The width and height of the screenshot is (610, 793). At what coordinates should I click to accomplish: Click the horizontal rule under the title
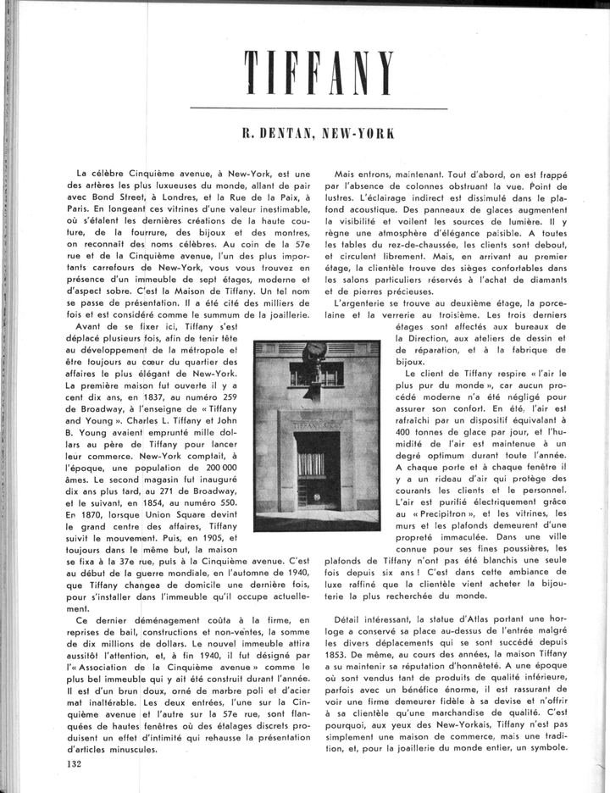(319, 108)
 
